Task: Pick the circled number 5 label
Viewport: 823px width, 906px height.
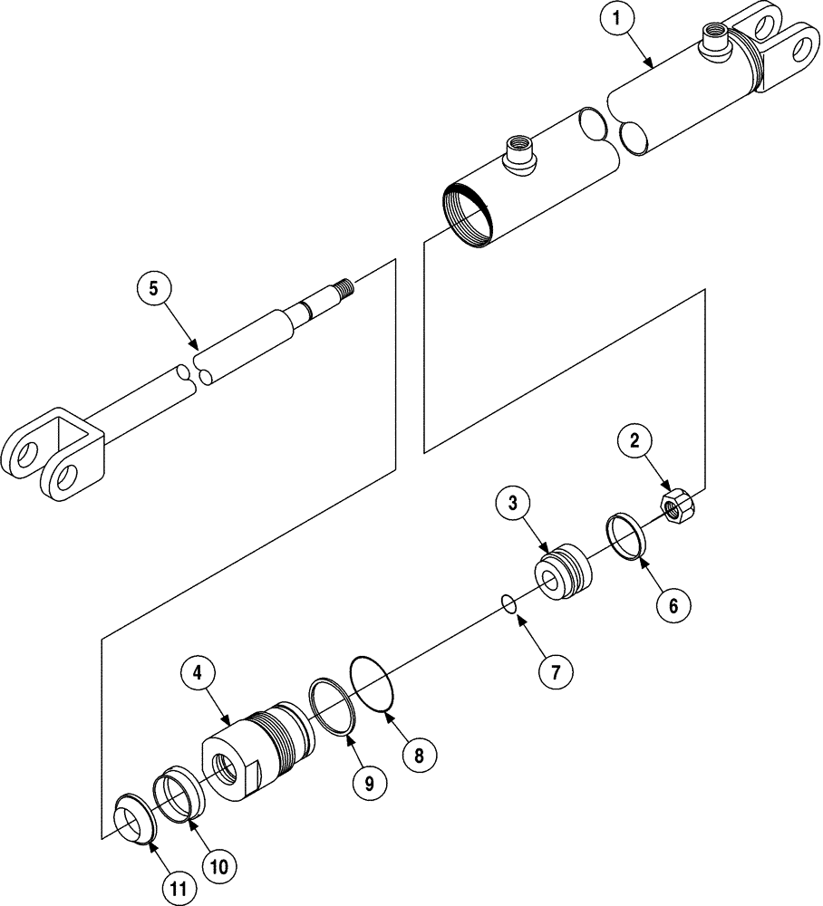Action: coord(152,290)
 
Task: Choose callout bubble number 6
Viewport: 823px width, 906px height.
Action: coord(672,604)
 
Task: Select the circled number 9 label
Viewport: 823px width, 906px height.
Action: coord(369,784)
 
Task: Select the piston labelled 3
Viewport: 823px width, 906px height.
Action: coord(563,572)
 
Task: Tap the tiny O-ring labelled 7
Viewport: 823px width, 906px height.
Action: coord(510,604)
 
